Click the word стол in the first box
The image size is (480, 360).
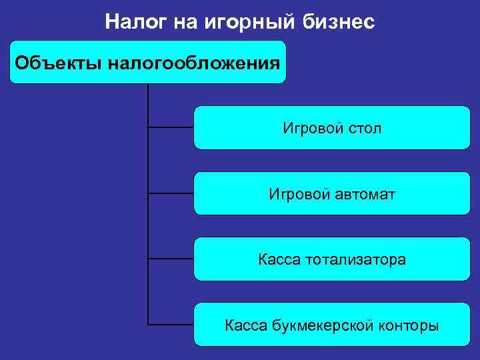(x=365, y=127)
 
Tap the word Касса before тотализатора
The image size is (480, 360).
(x=279, y=259)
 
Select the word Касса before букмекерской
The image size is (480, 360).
(x=246, y=325)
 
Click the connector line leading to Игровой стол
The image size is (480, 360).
(x=171, y=126)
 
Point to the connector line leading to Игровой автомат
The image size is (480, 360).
(x=171, y=193)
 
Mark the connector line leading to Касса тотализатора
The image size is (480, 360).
(x=171, y=258)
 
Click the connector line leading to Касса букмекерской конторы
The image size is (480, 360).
(x=171, y=325)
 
